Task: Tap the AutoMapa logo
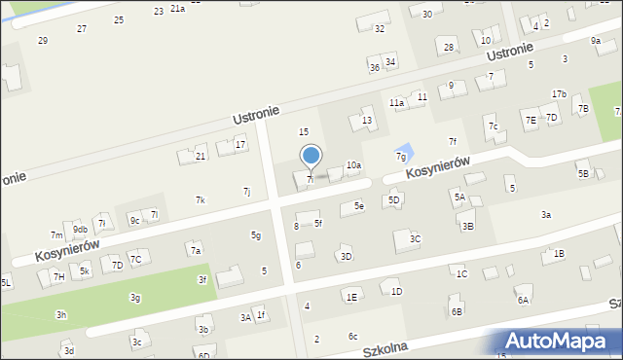point(559,341)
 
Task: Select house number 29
point(42,40)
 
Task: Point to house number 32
point(380,29)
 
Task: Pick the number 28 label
point(449,47)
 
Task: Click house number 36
point(375,67)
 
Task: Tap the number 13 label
point(367,121)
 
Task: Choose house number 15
point(304,131)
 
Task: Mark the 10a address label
point(353,165)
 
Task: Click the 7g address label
point(400,156)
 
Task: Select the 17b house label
point(559,93)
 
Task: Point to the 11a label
point(396,102)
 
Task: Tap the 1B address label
point(558,253)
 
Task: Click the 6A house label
point(523,301)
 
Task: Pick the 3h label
point(61,315)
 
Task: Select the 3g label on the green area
point(135,297)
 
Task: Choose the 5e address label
point(358,205)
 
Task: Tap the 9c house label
point(135,220)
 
